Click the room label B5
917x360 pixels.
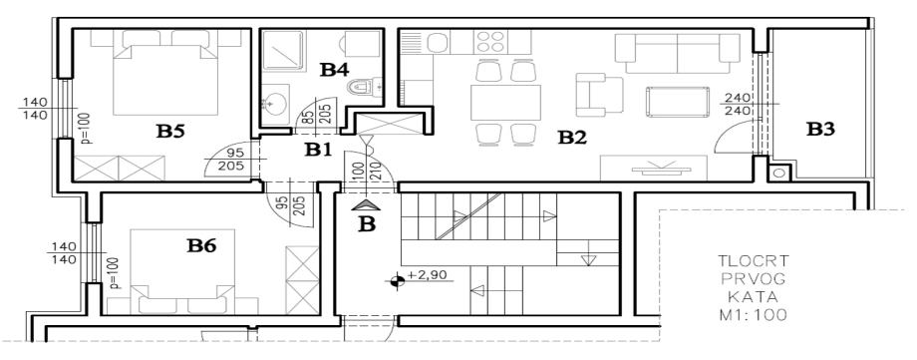(170, 131)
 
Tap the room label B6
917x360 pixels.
(201, 246)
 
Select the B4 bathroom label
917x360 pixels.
(335, 70)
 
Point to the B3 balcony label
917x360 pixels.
(820, 130)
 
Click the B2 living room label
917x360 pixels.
(571, 138)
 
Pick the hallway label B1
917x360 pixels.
(318, 150)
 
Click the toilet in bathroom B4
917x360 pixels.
(363, 88)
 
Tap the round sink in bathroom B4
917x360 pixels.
(274, 103)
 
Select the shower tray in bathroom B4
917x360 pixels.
(283, 51)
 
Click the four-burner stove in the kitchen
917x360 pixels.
(490, 42)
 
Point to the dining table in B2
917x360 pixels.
(506, 103)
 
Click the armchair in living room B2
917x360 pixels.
(599, 95)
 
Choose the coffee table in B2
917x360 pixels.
(677, 102)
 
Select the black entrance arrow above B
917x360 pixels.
(366, 204)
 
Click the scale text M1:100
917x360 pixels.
(754, 315)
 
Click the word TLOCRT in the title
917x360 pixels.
(754, 260)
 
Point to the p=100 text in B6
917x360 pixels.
(114, 273)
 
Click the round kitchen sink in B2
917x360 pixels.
(437, 42)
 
